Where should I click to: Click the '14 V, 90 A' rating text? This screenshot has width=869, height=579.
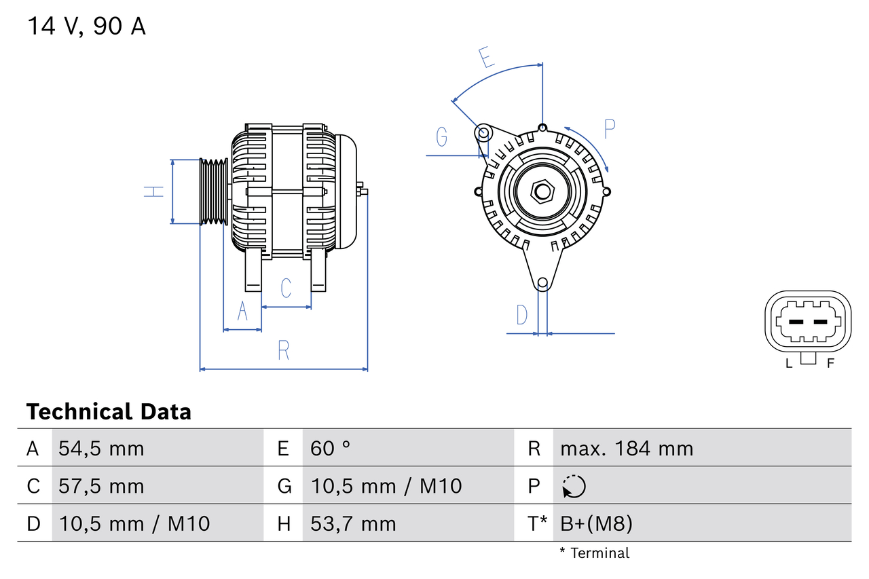point(86,26)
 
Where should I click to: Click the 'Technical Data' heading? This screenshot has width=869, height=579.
point(109,411)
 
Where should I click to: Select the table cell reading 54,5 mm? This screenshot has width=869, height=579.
point(101,448)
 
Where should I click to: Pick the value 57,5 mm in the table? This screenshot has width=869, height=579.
point(101,486)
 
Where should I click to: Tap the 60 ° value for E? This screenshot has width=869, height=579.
point(331,448)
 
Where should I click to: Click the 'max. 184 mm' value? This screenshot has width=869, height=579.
point(626,448)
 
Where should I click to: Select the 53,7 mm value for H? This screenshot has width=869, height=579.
point(353,523)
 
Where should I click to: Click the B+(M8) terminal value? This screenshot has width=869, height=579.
point(596,523)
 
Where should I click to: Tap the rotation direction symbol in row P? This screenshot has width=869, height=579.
point(574,486)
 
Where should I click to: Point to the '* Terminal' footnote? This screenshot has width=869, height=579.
point(595,553)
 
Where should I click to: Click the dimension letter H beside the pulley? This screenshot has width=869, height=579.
point(155,191)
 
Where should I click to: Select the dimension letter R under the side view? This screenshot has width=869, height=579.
point(284,350)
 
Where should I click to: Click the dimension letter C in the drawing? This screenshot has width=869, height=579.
point(286,288)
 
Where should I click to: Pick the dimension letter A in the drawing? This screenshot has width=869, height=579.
point(242,312)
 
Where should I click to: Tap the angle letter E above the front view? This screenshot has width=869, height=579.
point(485,58)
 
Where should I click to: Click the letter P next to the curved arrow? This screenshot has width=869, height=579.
point(609,129)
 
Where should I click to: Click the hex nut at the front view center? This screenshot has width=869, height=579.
point(542,191)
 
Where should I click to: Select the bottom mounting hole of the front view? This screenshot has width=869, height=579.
point(542,283)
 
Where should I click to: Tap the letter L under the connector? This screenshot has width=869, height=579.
point(788,363)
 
